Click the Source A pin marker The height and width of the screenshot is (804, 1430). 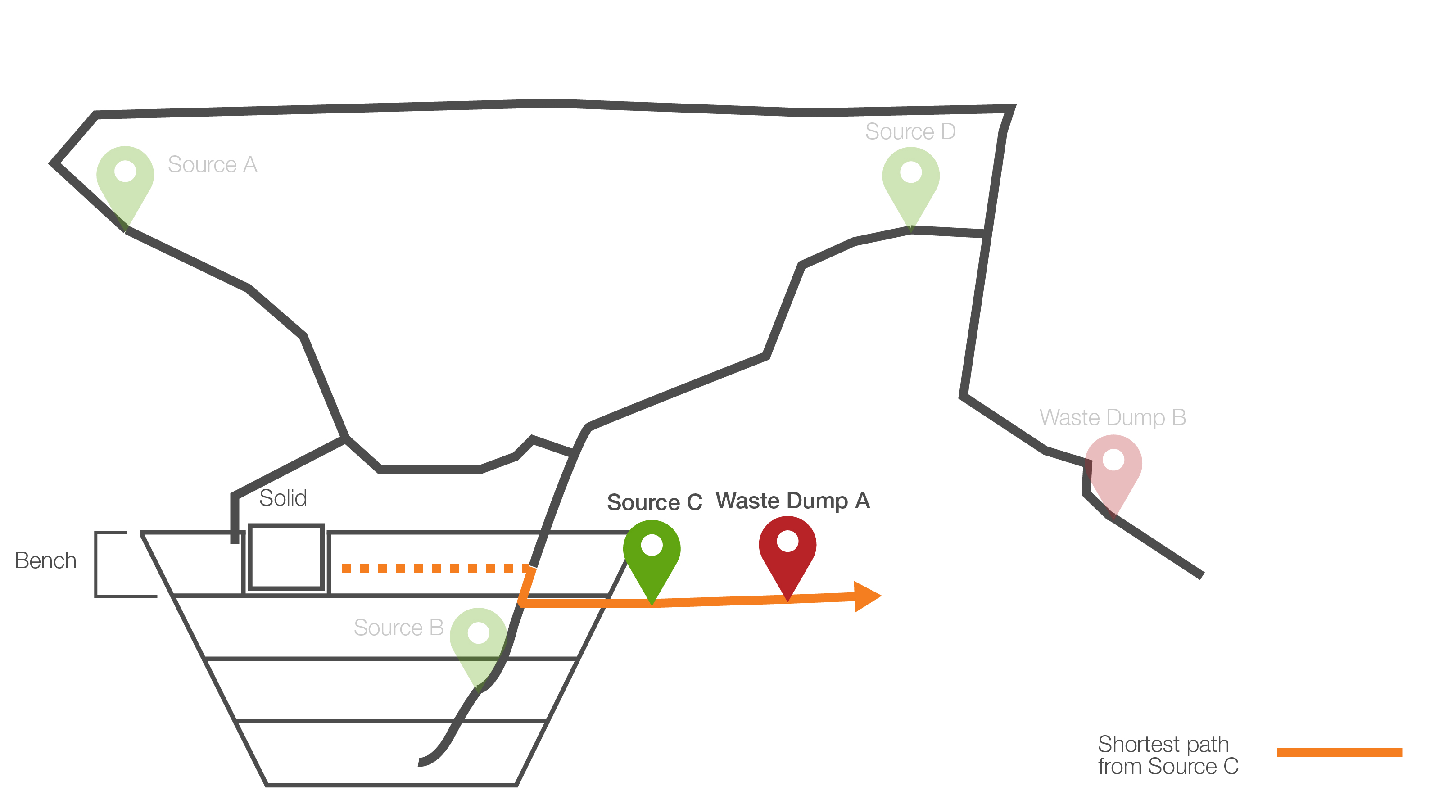(125, 177)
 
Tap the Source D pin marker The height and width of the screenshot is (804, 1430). (910, 179)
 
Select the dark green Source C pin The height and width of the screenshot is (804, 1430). (652, 552)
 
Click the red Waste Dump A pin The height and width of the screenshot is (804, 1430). (787, 548)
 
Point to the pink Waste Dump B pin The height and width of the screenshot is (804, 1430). (1113, 466)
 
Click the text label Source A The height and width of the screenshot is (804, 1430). (213, 165)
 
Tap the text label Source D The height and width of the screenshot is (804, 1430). (910, 132)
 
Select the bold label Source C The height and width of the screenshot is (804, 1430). (655, 502)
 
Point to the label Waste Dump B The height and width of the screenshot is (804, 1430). (1113, 417)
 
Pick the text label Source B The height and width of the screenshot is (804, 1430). (398, 628)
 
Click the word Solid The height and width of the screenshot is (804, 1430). (283, 498)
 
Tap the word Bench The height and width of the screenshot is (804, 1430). (45, 560)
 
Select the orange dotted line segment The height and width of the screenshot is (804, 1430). (436, 568)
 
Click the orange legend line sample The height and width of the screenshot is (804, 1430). (1339, 752)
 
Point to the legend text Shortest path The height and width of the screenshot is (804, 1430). (1163, 744)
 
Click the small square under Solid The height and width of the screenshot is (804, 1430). (286, 556)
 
